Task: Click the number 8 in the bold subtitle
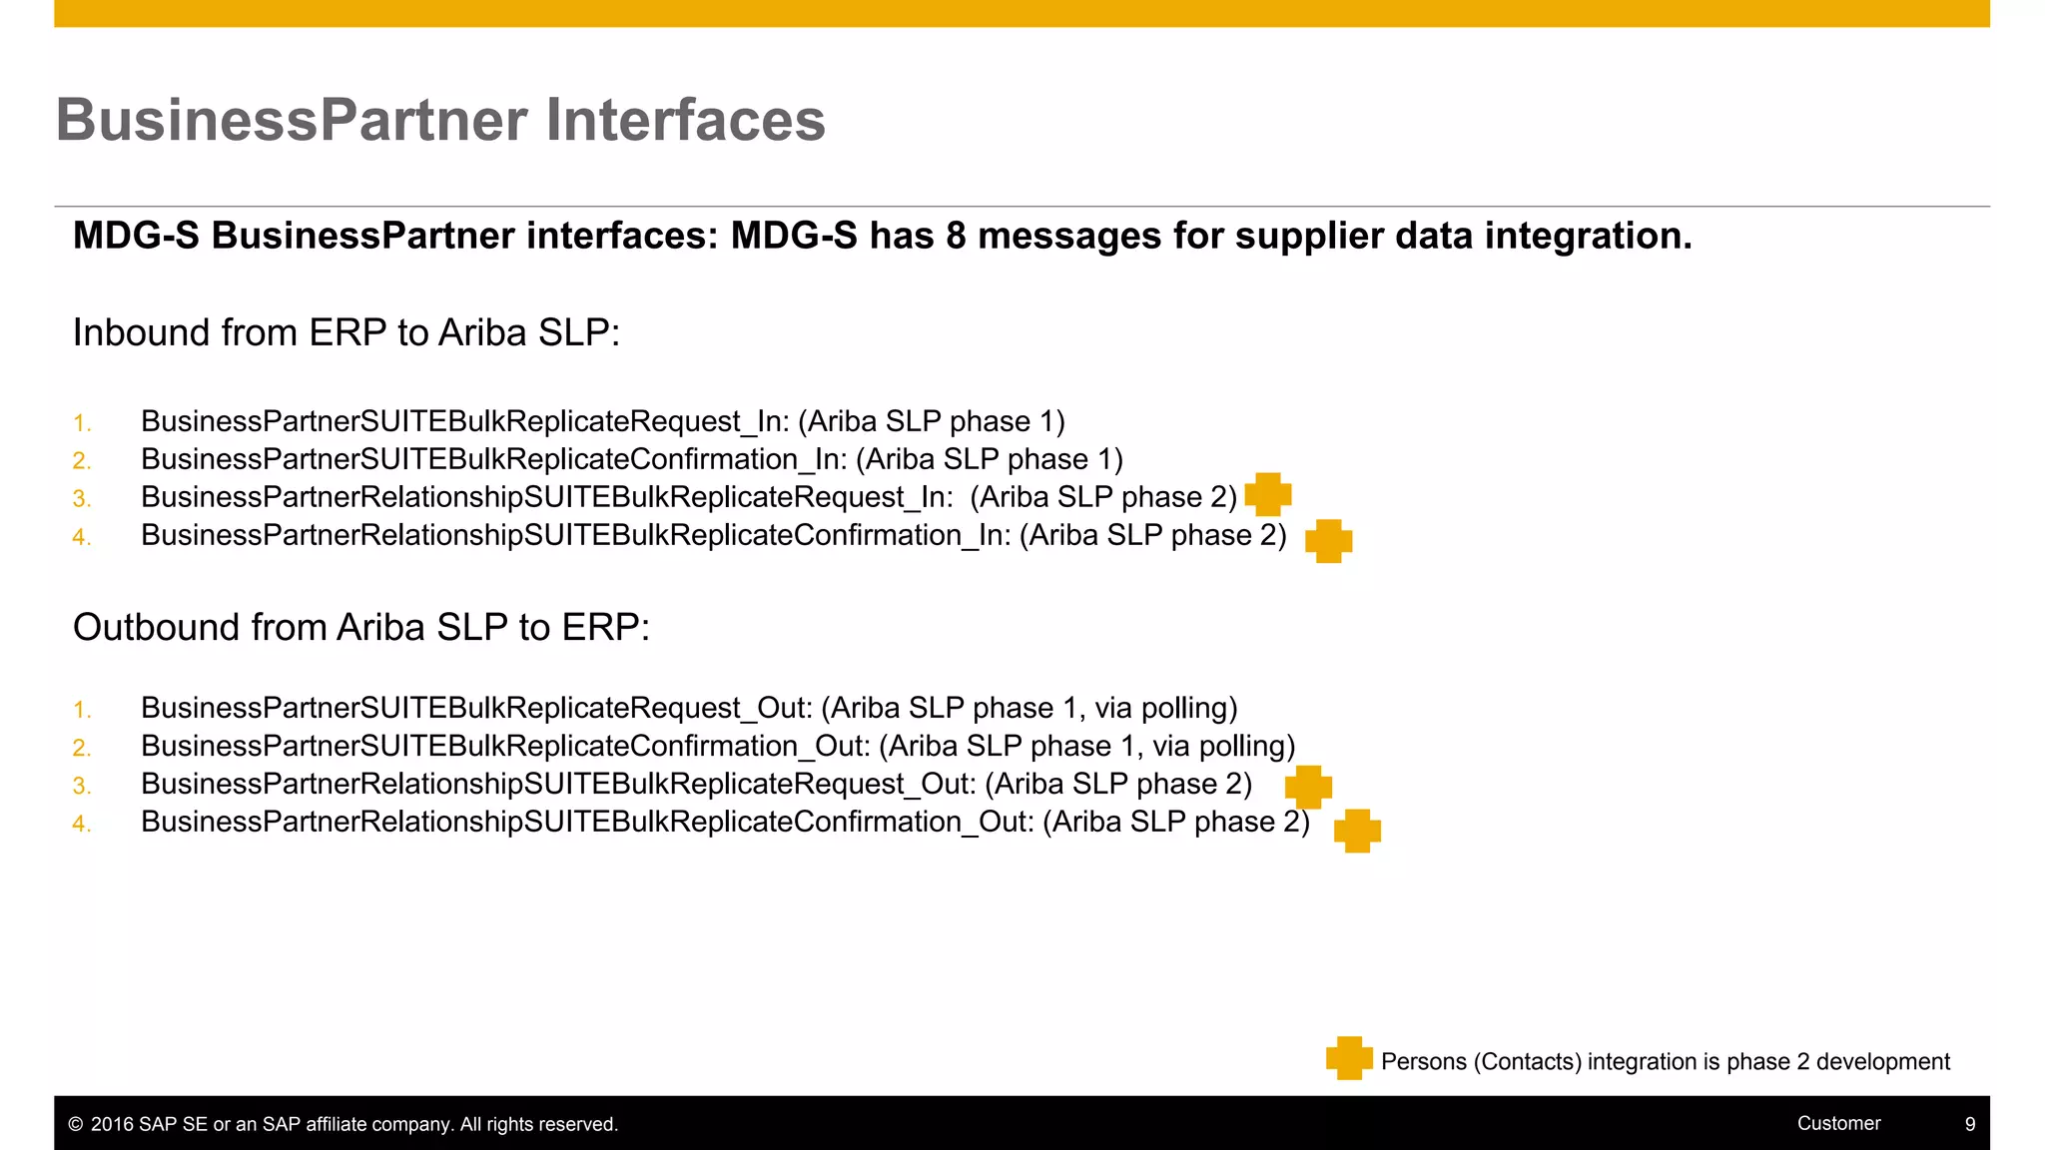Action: coord(956,237)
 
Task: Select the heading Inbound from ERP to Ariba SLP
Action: coord(345,332)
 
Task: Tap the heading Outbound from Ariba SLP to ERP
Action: coord(360,627)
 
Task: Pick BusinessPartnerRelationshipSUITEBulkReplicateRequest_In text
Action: coord(545,497)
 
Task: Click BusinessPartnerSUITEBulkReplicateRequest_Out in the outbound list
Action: coord(474,708)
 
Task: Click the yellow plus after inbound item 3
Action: coord(1268,494)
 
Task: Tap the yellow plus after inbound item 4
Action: coord(1328,541)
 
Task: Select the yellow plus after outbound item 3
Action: coord(1308,787)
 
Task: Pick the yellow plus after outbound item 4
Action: coord(1357,831)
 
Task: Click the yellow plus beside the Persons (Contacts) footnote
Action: coord(1349,1058)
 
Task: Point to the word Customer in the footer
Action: coord(1838,1123)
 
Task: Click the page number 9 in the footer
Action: coord(1970,1124)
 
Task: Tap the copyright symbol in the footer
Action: coord(75,1124)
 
